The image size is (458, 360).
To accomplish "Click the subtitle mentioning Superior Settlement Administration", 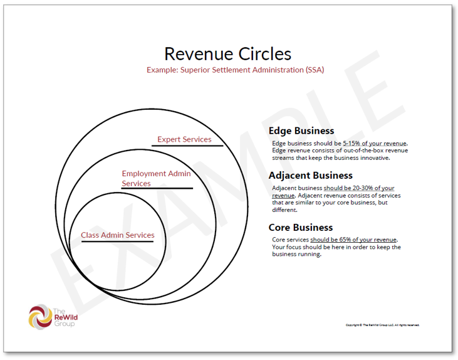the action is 235,70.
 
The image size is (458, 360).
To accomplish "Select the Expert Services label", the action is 184,139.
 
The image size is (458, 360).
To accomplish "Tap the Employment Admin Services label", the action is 156,178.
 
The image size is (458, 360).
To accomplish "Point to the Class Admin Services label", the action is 118,235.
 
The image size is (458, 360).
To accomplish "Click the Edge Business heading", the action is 301,131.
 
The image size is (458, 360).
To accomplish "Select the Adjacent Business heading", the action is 311,176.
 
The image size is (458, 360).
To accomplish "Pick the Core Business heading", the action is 301,227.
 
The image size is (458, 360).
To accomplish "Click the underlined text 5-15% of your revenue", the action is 375,144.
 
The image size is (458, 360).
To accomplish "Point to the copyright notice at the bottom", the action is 382,325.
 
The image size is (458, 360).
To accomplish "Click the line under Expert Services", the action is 187,146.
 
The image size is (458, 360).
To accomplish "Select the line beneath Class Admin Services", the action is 118,241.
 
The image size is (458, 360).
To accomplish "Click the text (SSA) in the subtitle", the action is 315,70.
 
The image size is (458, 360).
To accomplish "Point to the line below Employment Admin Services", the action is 157,188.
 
